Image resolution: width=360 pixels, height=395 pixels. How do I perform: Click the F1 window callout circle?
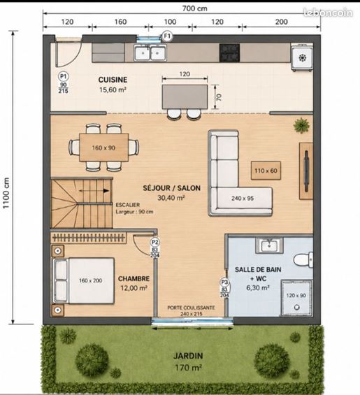(167, 36)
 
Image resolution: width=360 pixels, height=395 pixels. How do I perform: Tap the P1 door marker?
(63, 76)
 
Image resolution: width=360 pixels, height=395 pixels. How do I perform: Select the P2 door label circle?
(154, 243)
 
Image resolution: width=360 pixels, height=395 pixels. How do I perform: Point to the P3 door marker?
(224, 282)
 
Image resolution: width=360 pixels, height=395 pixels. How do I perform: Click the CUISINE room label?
(113, 80)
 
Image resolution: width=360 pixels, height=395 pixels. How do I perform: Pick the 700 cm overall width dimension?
(195, 8)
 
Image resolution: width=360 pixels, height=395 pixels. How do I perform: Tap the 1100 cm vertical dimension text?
(6, 193)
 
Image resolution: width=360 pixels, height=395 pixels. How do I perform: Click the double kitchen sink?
(150, 53)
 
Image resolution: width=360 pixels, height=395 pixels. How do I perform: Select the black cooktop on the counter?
(229, 53)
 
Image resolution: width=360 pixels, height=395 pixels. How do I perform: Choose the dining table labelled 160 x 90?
(103, 148)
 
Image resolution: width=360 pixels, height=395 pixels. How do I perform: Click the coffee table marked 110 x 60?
(266, 171)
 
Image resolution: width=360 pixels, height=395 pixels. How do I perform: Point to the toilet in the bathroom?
(303, 259)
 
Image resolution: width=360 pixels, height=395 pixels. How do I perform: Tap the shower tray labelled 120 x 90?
(297, 297)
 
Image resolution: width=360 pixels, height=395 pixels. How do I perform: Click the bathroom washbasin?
(269, 245)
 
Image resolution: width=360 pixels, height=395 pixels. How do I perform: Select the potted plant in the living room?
(301, 125)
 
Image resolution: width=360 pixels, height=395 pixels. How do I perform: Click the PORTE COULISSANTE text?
(192, 308)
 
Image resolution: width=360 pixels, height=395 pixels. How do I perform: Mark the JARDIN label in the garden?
(188, 356)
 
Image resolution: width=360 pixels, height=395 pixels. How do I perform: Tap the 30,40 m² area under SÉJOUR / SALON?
(171, 198)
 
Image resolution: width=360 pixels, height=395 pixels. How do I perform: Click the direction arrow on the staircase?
(94, 191)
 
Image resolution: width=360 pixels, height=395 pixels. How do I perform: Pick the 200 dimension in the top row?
(281, 22)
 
